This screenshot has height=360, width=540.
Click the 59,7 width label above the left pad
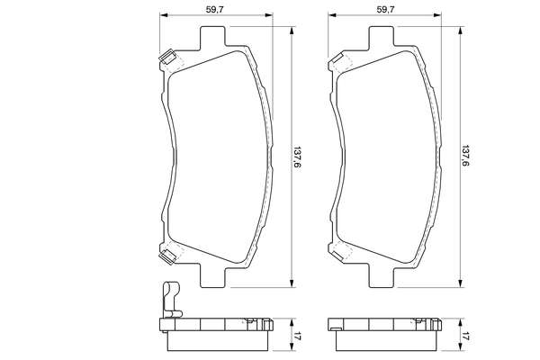[x=215, y=10]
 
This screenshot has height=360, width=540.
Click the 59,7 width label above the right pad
[x=385, y=10]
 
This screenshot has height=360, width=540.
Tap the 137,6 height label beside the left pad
[x=296, y=158]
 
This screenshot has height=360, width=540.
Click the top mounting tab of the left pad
[x=213, y=37]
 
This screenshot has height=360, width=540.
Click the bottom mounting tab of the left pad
[x=213, y=275]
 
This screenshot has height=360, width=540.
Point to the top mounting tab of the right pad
[x=382, y=37]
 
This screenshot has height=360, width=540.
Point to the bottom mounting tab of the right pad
[x=382, y=275]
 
